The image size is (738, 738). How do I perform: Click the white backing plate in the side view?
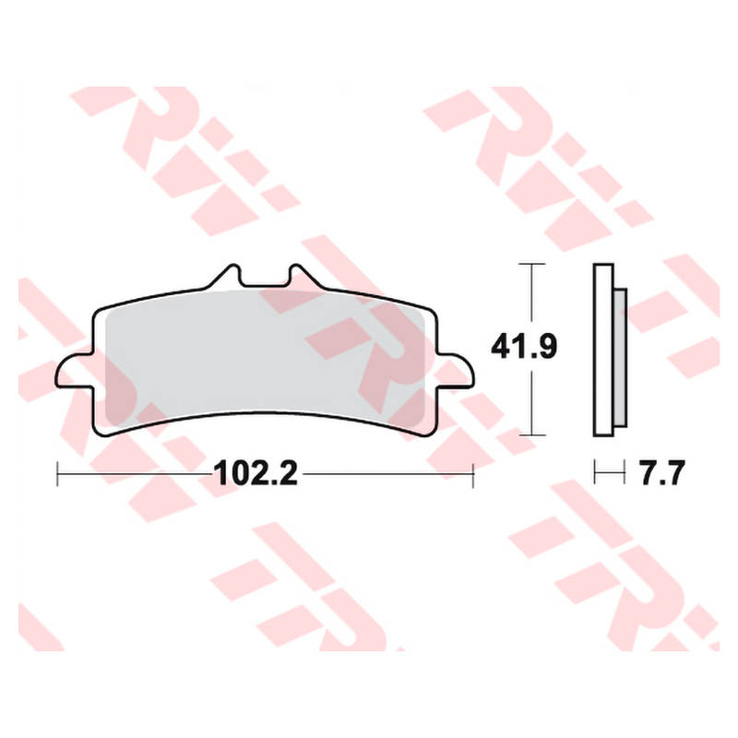click(x=601, y=351)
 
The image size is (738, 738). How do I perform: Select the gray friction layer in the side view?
click(x=620, y=351)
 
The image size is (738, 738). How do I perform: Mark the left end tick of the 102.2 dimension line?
click(x=58, y=474)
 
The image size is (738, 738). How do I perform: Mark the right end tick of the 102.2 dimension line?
click(x=472, y=474)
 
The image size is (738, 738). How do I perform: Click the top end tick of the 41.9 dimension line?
click(x=527, y=264)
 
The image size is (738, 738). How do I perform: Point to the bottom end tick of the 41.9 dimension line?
click(x=527, y=433)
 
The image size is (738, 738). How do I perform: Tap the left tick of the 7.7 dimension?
click(x=596, y=474)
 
